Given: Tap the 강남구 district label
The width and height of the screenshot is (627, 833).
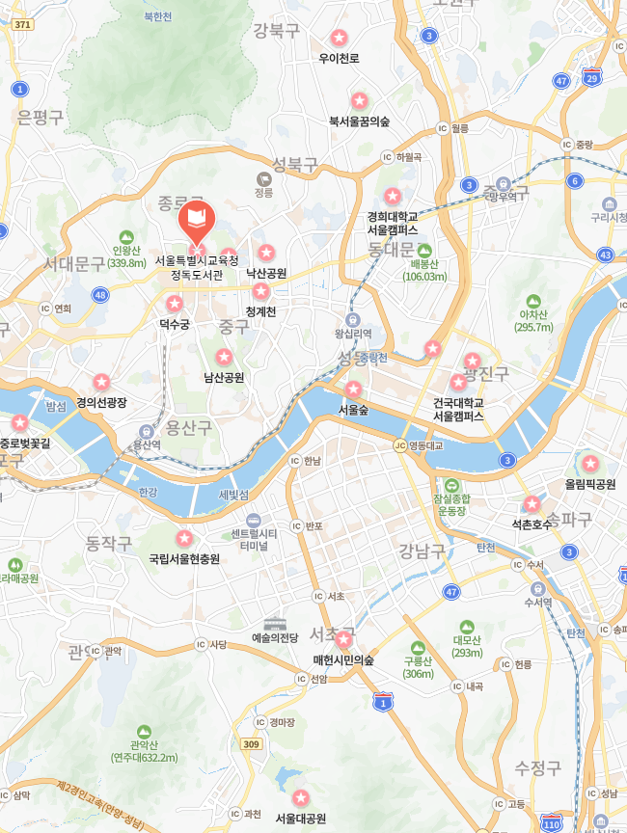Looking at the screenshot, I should point(422,551).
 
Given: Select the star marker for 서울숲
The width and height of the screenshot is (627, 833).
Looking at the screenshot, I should point(353,389).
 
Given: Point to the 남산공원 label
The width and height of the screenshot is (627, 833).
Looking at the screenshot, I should point(224,377).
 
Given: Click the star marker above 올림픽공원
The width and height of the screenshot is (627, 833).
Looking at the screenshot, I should point(590,464).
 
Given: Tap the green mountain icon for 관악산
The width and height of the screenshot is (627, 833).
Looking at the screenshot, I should point(144,732).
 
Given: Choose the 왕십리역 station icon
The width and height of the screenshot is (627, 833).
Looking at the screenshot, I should point(353,320).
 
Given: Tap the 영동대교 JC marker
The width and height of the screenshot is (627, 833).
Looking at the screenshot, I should point(399,445).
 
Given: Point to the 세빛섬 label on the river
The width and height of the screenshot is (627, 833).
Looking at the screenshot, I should point(233,495).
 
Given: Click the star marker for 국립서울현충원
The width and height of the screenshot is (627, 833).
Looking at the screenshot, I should point(184,538).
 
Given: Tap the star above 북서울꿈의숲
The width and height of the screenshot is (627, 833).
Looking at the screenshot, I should point(359,100).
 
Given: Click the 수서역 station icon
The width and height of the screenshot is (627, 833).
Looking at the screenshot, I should point(537,587).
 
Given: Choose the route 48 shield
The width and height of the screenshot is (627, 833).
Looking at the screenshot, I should point(100,294).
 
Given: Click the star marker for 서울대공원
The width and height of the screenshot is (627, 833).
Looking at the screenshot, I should point(301,798).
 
